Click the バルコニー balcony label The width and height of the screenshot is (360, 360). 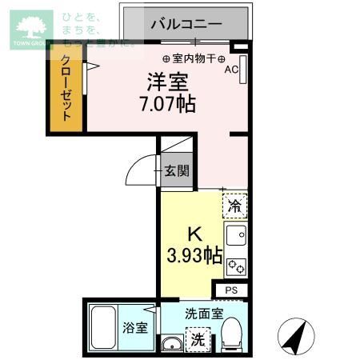pos(186,24)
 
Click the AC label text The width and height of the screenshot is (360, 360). pos(231,70)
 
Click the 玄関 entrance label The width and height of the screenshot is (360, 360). pos(177,170)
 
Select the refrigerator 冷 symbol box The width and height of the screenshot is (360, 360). pos(235,206)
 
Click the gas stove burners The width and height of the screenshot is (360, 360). pos(236,266)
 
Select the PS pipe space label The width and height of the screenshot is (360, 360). pos(231,290)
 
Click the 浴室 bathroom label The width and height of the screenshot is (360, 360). pos(134,328)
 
